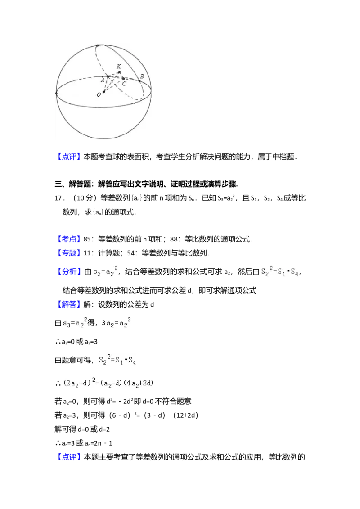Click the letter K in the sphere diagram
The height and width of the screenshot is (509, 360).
tap(119, 67)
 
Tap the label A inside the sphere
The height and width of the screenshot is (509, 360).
tap(103, 80)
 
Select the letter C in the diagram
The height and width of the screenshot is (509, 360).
tap(124, 84)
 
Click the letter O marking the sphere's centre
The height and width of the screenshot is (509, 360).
tap(98, 95)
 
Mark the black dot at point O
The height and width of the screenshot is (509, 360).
tap(104, 92)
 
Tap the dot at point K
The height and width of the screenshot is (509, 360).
tap(119, 72)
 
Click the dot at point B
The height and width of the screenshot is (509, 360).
tap(139, 81)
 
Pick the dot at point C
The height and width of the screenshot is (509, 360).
tap(123, 79)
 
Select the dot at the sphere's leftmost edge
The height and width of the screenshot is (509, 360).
tap(56, 94)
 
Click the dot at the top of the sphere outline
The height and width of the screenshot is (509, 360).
tap(98, 46)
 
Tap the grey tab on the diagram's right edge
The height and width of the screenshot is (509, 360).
tap(153, 91)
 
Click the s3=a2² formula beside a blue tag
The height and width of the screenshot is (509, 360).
tap(104, 272)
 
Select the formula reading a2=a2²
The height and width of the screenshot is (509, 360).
tap(118, 322)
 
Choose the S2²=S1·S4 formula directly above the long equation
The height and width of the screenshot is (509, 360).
tap(117, 360)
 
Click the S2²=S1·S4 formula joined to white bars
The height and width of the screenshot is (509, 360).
tap(279, 272)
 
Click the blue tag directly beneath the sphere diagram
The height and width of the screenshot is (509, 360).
tap(70, 156)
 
